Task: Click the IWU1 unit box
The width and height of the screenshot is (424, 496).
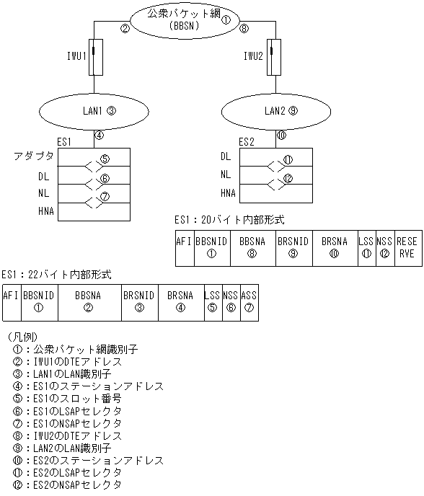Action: pyautogui.click(x=94, y=56)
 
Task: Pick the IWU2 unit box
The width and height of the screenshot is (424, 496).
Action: pyautogui.click(x=271, y=56)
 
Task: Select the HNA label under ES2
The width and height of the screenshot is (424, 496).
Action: pyautogui.click(x=228, y=192)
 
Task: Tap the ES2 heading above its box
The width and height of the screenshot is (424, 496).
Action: pyautogui.click(x=247, y=141)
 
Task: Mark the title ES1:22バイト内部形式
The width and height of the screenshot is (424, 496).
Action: pyautogui.click(x=56, y=275)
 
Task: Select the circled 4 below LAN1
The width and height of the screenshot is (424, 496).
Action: pyautogui.click(x=100, y=134)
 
